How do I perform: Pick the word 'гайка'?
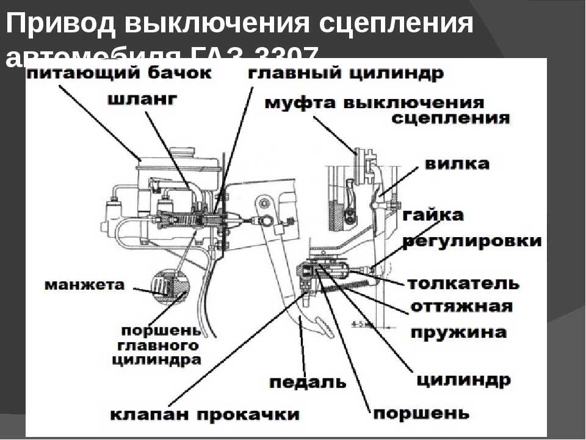pos(433,215)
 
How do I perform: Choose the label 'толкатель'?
pos(463,284)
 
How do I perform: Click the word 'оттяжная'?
pos(461,306)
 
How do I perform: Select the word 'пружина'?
pos(458,333)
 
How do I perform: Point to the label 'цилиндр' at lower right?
pos(463,380)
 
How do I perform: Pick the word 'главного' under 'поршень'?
pos(157,345)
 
